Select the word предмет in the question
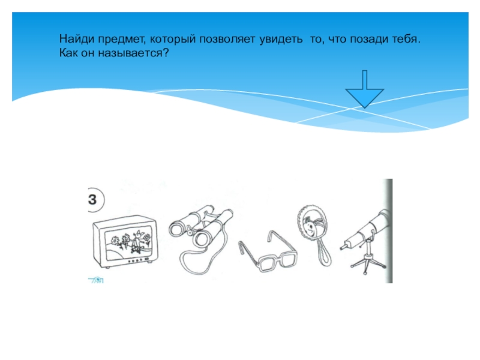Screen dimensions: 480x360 (x=122, y=40)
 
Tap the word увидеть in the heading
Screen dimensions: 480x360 (x=281, y=39)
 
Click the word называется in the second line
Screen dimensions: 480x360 (x=133, y=53)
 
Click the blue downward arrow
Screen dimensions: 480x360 (x=365, y=89)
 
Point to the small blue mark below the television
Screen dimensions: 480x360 (x=96, y=280)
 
